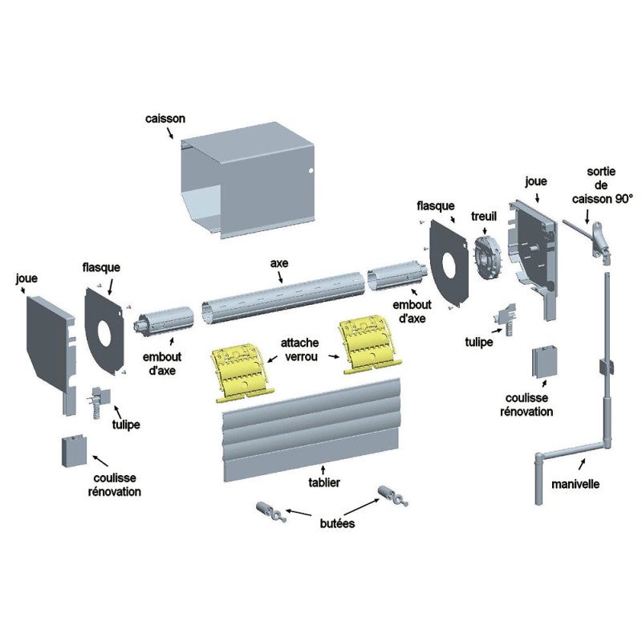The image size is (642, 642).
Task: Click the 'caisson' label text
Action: click(x=165, y=118)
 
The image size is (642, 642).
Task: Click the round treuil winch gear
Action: click(x=487, y=254)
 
